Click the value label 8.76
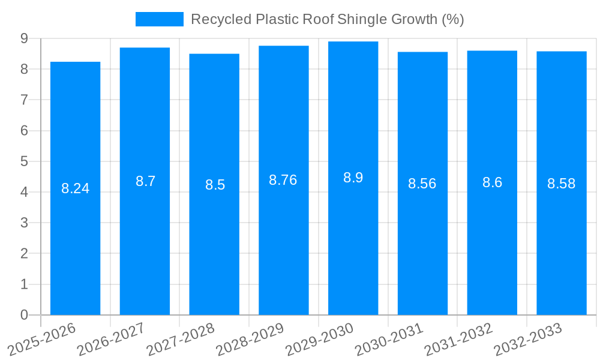click(x=283, y=180)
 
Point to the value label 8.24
click(x=75, y=188)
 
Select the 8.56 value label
click(x=422, y=184)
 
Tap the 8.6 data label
click(x=492, y=182)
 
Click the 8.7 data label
click(x=145, y=181)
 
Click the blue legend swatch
click(x=159, y=19)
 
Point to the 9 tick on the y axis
click(x=24, y=38)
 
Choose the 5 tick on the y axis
click(x=24, y=161)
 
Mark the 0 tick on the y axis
click(x=24, y=315)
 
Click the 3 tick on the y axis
click(x=24, y=223)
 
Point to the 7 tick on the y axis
click(x=24, y=100)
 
